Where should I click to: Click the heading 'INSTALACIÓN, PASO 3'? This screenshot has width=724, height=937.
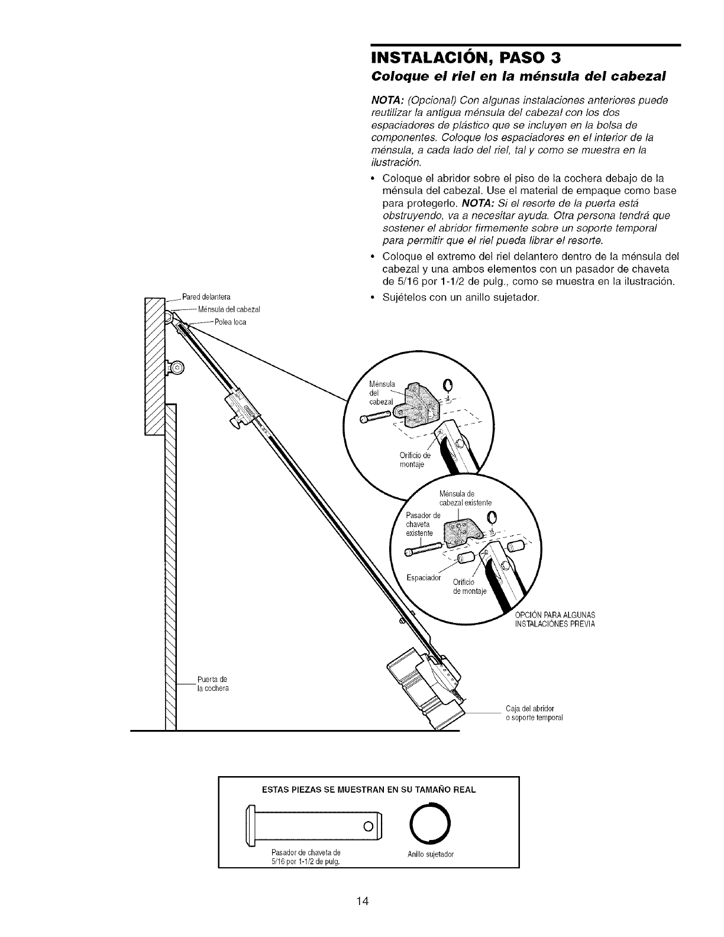click(x=464, y=59)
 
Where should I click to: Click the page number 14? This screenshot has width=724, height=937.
click(x=363, y=901)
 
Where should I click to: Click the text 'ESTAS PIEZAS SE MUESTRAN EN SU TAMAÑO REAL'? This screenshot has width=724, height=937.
click(x=369, y=790)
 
